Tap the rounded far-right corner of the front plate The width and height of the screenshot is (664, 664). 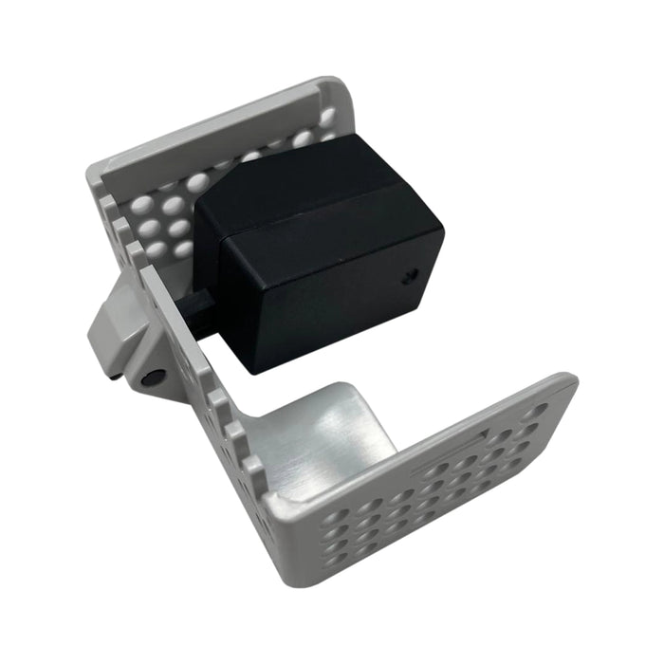[x=567, y=382]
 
